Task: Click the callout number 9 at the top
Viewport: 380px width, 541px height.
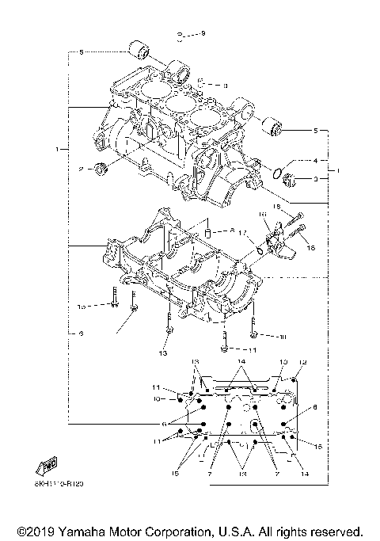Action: [202, 32]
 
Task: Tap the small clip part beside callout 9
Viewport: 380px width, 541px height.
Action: [181, 34]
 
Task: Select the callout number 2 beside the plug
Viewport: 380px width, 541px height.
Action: [81, 169]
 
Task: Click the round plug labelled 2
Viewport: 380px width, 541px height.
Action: [101, 167]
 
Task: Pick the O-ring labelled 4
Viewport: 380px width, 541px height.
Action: [279, 172]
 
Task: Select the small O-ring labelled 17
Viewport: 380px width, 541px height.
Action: [259, 252]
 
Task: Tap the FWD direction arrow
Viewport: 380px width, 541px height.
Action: [47, 465]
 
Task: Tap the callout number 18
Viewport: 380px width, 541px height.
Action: [277, 207]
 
